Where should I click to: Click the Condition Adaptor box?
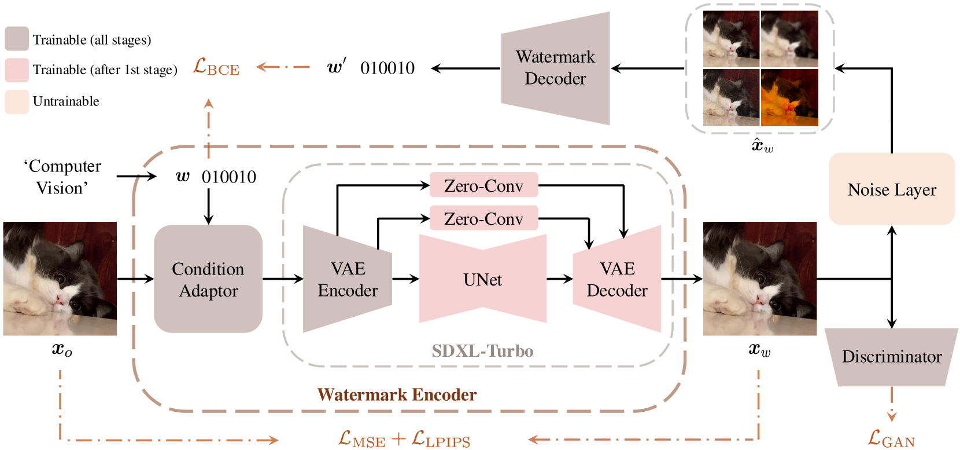208,279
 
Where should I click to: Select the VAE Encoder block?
348,279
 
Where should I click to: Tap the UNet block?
482,279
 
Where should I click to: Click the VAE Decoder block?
617,279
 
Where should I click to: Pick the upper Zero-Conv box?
483,185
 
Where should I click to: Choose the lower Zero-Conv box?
483,218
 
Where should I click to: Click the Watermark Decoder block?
555,68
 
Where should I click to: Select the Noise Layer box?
891,189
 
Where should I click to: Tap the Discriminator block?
891,356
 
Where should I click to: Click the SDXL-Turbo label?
482,351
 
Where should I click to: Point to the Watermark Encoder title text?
397,395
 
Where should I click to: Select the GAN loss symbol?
891,439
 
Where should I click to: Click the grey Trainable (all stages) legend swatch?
16,39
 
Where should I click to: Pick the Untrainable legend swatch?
16,101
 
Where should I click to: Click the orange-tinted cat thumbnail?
789,97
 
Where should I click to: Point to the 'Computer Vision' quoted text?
62,177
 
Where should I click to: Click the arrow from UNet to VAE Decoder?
559,279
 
